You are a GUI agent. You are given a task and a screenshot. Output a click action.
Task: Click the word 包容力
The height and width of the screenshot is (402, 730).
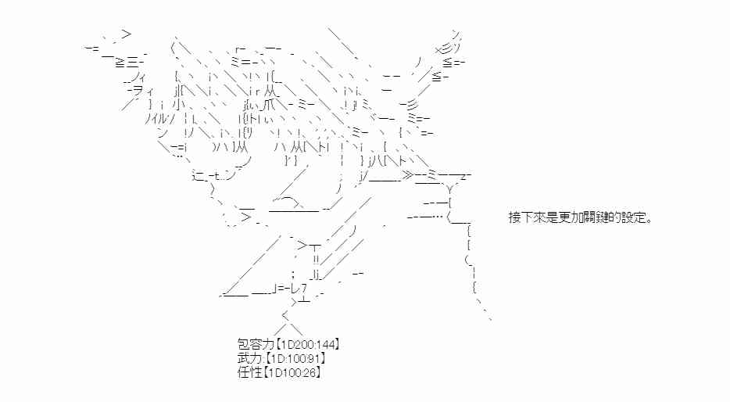251,343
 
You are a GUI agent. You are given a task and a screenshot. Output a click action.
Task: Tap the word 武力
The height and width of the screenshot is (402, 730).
245,357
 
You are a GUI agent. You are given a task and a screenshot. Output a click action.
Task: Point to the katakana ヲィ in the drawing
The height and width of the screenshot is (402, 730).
139,91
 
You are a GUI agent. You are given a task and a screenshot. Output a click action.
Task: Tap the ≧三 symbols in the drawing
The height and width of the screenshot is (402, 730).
127,62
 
